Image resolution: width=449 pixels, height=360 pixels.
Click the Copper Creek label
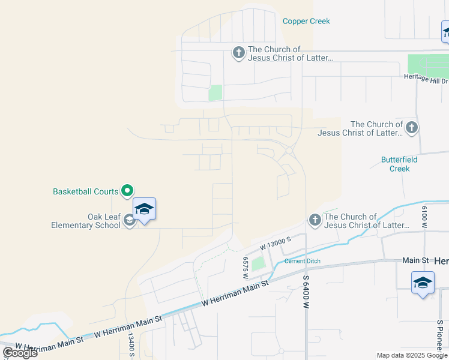306,22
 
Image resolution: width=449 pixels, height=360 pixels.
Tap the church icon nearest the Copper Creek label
238,53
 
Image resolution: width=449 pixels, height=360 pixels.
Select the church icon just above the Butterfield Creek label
411,127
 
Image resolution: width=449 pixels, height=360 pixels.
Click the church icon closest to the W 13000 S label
315,220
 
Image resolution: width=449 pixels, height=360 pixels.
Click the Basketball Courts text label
85,192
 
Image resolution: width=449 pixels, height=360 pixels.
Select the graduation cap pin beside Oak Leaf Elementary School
144,209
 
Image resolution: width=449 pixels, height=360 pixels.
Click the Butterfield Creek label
399,164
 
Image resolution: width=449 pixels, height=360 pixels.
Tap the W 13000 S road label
275,243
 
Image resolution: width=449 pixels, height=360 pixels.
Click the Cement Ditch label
302,261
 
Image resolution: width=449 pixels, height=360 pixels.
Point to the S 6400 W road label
306,293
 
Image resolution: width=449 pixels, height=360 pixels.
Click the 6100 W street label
424,216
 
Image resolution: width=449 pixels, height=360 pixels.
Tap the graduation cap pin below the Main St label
423,283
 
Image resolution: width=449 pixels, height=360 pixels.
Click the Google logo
20,352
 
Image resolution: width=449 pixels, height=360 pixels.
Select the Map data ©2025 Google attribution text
412,355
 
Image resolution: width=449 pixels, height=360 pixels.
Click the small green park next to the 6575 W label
258,263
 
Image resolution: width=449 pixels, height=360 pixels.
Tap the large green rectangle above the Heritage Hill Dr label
427,64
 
